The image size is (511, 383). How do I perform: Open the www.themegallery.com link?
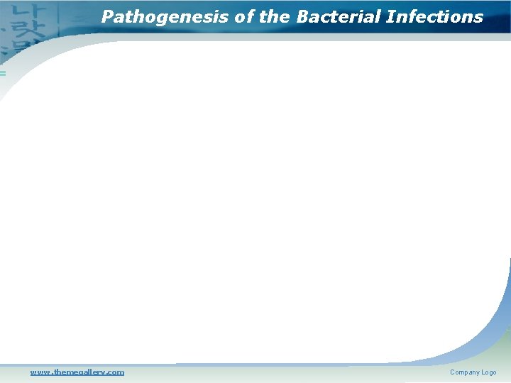[x=77, y=372]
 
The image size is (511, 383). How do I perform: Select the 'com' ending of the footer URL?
[x=115, y=372]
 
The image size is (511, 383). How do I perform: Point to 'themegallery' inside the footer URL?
[x=79, y=372]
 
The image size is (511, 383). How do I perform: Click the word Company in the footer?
[x=465, y=372]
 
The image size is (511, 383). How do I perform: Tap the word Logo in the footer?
[x=489, y=372]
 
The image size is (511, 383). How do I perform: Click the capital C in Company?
[x=453, y=372]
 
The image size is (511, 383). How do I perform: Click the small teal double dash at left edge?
[x=2, y=73]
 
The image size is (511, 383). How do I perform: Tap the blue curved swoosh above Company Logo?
[x=490, y=333]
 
